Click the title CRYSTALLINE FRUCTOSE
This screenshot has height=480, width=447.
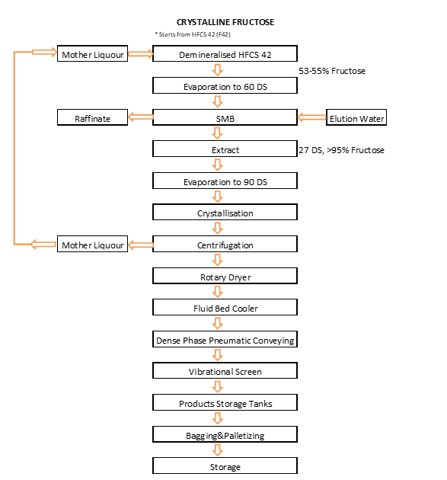[225, 22]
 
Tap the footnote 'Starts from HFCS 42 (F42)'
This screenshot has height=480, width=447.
[193, 34]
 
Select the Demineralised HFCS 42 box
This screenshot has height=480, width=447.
[225, 53]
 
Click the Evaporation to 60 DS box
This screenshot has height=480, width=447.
[225, 85]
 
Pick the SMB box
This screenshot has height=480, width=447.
[225, 117]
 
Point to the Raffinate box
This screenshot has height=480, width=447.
[92, 117]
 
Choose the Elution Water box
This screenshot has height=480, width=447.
[356, 117]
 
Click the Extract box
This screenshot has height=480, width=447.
[225, 149]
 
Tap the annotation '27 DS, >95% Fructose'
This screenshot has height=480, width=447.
[341, 150]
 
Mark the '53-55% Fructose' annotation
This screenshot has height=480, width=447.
[332, 71]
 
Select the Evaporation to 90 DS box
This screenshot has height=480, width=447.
[225, 181]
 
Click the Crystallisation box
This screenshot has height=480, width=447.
[225, 212]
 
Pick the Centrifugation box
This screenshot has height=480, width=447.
[225, 244]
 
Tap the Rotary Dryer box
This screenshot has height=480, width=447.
[225, 276]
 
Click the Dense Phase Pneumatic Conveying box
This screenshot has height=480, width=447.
[225, 339]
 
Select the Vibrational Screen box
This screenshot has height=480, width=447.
[225, 371]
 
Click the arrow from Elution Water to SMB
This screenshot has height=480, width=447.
[311, 117]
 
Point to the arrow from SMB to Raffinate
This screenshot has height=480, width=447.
[140, 117]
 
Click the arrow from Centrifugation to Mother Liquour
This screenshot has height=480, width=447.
[140, 245]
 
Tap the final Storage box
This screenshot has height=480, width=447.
[225, 466]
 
